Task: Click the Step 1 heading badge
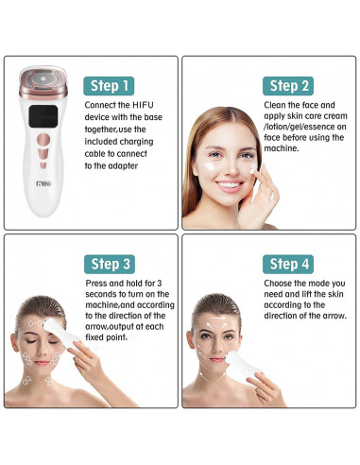point(109,86)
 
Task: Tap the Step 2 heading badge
point(288,86)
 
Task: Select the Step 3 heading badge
point(110,264)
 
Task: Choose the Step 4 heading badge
point(288,264)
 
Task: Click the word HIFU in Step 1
point(143,105)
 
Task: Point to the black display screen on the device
point(43,116)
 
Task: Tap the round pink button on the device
point(43,139)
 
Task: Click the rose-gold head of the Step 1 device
point(43,82)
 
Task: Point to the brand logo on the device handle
point(43,183)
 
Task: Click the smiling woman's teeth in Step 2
point(229,184)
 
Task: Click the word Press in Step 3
point(96,284)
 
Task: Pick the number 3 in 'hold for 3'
point(159,284)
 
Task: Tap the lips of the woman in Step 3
point(42,363)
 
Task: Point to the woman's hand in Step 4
point(266,390)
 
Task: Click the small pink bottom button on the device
point(43,165)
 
